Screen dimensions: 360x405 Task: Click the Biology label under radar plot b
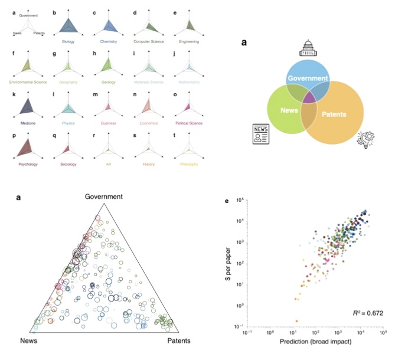69,41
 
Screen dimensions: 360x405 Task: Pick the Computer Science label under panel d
149,41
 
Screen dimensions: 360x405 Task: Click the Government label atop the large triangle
104,197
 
